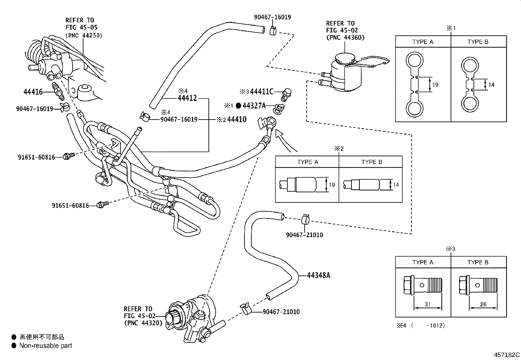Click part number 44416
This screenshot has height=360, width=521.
tap(33, 92)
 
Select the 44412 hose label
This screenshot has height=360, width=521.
tap(187, 98)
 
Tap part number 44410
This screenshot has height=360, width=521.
tap(237, 120)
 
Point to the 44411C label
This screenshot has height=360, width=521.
tap(261, 92)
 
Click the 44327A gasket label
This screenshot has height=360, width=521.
tap(254, 105)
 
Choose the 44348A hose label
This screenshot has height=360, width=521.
tap(318, 275)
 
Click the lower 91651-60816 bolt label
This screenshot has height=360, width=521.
tap(70, 206)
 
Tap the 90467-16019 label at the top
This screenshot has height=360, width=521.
tap(272, 17)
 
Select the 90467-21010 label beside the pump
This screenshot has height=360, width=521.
tap(281, 312)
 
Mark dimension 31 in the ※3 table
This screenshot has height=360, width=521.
tap(427, 304)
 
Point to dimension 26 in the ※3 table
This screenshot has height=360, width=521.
tap(483, 304)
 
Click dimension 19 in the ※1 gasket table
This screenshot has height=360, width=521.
tap(435, 85)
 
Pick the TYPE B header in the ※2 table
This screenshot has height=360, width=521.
tap(372, 162)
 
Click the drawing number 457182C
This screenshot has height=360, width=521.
tap(507, 355)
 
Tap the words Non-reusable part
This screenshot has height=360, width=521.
tap(45, 346)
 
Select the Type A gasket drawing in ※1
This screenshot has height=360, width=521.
tap(414, 85)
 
